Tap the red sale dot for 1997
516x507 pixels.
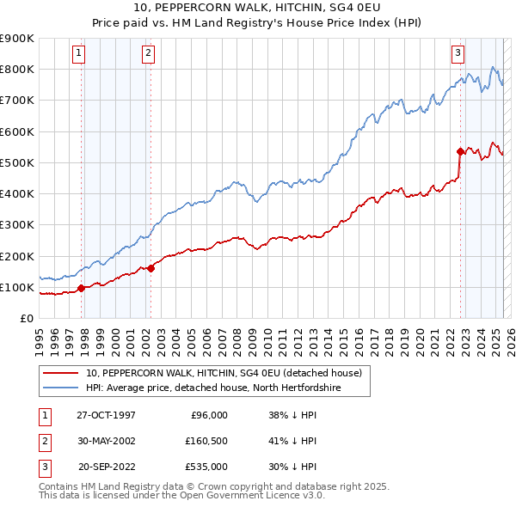(82, 289)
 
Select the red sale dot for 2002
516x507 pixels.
(150, 268)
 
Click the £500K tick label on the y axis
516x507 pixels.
(18, 162)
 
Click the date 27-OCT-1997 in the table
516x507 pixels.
(106, 415)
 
